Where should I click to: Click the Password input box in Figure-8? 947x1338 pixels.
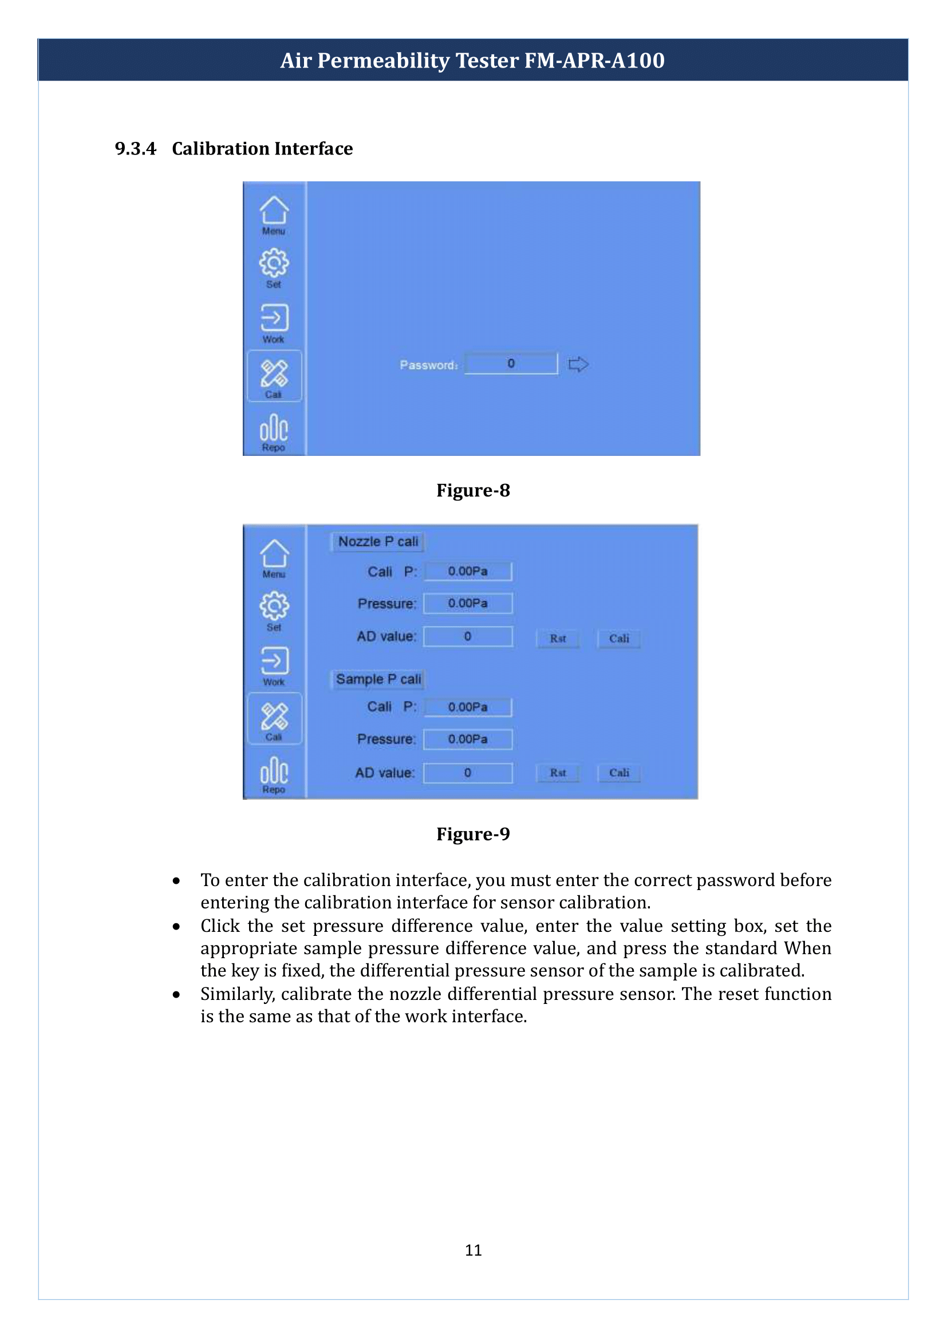pyautogui.click(x=511, y=364)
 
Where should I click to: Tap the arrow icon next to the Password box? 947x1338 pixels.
pyautogui.click(x=578, y=364)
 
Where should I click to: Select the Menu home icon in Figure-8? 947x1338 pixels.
pyautogui.click(x=274, y=214)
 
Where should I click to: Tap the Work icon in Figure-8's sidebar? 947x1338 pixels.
pyautogui.click(x=274, y=322)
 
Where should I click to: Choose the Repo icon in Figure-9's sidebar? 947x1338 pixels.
pyautogui.click(x=274, y=775)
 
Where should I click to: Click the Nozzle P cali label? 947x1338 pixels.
pyautogui.click(x=378, y=541)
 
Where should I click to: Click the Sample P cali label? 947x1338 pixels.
pyautogui.click(x=378, y=679)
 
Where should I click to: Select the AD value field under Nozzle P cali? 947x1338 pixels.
pyautogui.click(x=468, y=636)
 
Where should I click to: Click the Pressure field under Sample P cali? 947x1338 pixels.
pyautogui.click(x=468, y=739)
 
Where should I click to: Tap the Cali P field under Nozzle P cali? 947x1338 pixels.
pyautogui.click(x=468, y=571)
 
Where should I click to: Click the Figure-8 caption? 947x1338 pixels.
pyautogui.click(x=473, y=490)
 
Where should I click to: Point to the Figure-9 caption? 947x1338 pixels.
pyautogui.click(x=473, y=834)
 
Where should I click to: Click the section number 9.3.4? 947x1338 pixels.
pyautogui.click(x=135, y=149)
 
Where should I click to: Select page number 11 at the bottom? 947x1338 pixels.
pyautogui.click(x=473, y=1250)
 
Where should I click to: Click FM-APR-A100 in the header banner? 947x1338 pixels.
pyautogui.click(x=594, y=61)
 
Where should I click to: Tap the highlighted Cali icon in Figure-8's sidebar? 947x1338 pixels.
pyautogui.click(x=274, y=376)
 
